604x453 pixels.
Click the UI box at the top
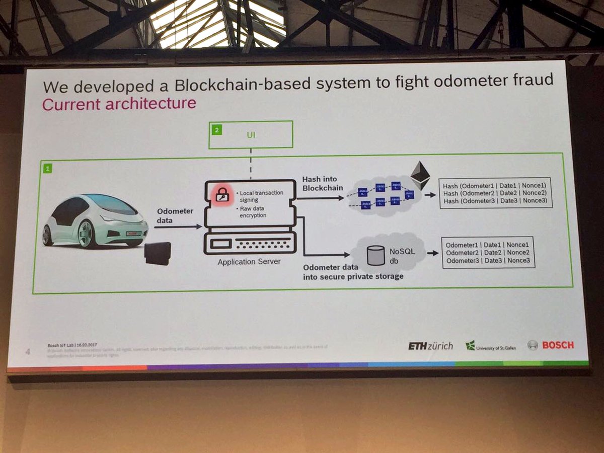coord(251,135)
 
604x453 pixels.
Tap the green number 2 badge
coord(216,130)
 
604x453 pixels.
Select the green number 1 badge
coord(47,169)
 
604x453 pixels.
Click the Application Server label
coord(249,262)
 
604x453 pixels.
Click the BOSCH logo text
coord(558,345)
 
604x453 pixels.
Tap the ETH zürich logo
coord(430,346)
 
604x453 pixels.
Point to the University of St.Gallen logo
coord(489,346)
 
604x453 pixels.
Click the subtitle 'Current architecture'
coord(119,104)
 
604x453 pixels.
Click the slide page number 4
coord(28,351)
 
